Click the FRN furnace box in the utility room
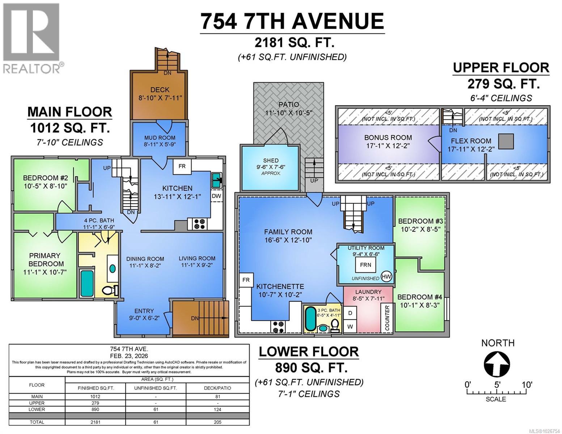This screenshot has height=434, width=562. coord(365,265)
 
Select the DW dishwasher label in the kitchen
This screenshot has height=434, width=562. coord(216,196)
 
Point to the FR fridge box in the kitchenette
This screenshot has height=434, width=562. coord(246,280)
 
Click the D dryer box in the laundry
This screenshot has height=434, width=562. coord(350,312)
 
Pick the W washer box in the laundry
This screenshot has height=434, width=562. coord(350,326)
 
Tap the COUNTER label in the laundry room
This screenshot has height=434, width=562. coord(387,318)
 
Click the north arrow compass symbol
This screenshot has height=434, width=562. coord(498,363)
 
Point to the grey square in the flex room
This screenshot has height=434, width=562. coord(506,141)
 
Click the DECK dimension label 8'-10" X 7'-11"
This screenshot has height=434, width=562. coord(160,98)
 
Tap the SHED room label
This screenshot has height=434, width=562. coord(271,160)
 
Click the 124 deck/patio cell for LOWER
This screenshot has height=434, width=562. coord(217,409)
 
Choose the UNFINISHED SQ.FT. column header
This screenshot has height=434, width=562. coord(156,388)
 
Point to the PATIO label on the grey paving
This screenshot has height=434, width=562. coord(288,105)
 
